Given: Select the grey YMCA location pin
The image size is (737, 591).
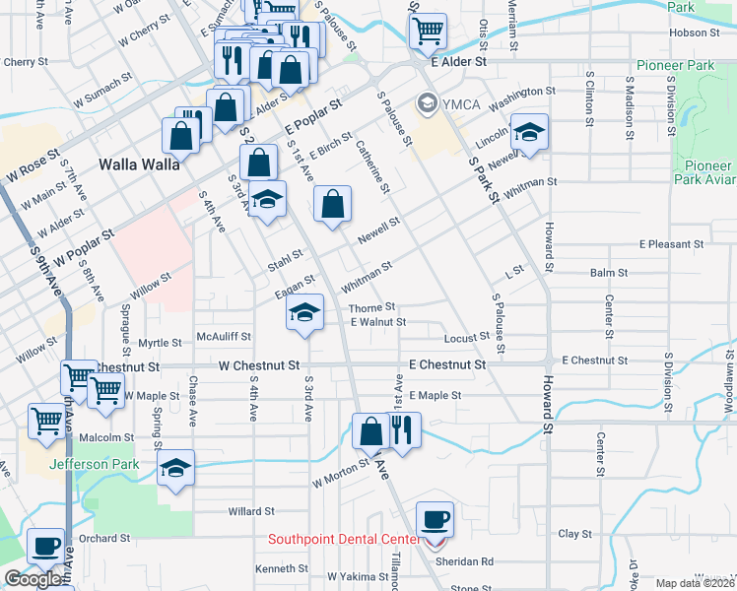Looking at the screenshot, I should pos(427,100).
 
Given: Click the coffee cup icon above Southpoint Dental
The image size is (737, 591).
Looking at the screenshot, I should pos(435,518).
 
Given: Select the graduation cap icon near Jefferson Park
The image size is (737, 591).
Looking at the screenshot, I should pos(175,467).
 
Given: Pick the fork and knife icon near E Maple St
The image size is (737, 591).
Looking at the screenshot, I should pos(402,430).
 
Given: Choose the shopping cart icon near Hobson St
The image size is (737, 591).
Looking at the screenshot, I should pos(428,31).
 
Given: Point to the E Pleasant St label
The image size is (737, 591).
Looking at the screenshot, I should pos(671,243).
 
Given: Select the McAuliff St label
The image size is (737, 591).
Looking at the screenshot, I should pos(220,336).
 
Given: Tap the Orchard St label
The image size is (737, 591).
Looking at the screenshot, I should pos(104,539).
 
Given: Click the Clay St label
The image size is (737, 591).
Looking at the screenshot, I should pos(573,534).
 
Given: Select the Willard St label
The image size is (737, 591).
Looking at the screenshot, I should pos(250,511).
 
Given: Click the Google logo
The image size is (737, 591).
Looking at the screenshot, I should pos(33,579).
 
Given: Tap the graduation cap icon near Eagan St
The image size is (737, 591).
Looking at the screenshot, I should pos(305,314).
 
